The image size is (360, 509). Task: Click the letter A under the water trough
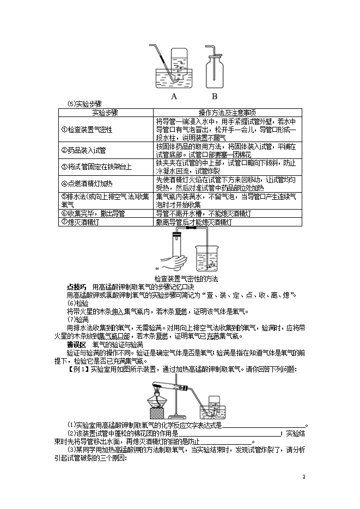[174, 96]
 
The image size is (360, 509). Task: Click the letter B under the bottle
[214, 96]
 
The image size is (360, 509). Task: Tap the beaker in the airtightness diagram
[206, 259]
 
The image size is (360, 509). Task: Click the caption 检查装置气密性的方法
[186, 279]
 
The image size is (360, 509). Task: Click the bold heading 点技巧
[76, 287]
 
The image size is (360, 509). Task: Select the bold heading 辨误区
[76, 345]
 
